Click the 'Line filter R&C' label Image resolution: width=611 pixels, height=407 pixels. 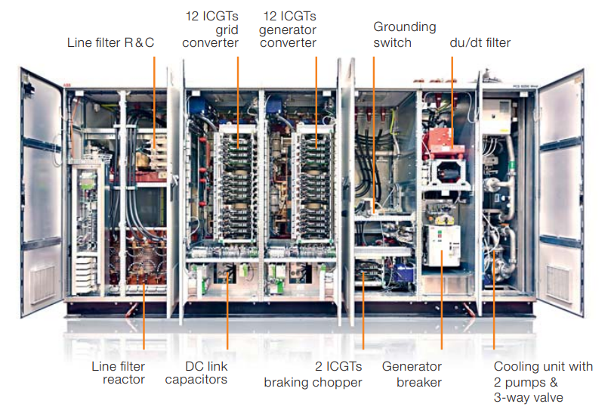click(111, 42)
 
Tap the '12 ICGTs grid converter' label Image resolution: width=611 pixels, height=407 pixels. click(211, 30)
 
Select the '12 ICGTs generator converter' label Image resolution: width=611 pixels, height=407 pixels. click(288, 30)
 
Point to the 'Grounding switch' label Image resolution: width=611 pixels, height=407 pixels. click(405, 34)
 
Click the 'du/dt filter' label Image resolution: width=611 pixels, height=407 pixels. click(480, 42)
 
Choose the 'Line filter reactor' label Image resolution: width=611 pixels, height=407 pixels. click(118, 373)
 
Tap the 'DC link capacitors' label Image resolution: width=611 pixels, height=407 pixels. click(196, 373)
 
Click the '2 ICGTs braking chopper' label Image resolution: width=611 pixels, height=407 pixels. click(313, 374)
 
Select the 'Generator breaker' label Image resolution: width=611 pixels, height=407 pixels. click(412, 374)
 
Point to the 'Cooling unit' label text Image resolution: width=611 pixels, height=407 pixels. click(543, 381)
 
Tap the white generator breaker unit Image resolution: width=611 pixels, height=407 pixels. click(442, 245)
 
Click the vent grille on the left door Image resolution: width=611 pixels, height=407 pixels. click(43, 283)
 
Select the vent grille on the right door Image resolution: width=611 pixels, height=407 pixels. click(558, 283)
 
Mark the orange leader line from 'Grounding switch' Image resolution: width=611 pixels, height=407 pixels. click(374, 135)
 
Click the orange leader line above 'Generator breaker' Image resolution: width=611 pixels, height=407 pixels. click(442, 300)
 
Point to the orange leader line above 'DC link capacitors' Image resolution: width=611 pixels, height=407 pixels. click(227, 311)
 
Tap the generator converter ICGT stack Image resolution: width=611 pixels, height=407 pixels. click(313, 182)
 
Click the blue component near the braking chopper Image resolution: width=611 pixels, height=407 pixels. click(403, 273)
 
